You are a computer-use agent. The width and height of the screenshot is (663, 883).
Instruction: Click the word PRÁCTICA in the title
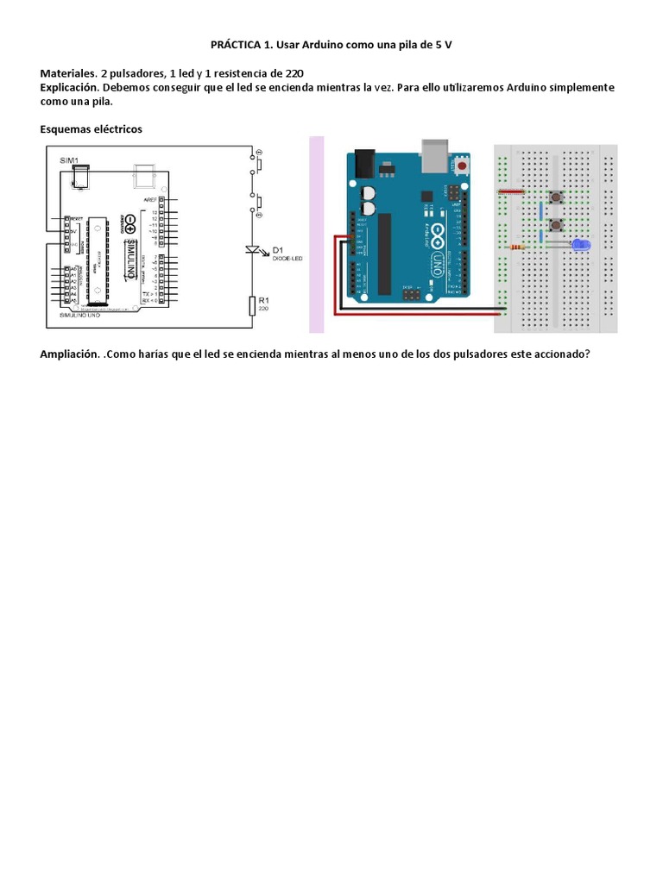[x=238, y=44]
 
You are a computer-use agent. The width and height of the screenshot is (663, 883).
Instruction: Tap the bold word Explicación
[x=71, y=88]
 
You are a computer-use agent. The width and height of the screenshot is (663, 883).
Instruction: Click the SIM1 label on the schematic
[x=68, y=160]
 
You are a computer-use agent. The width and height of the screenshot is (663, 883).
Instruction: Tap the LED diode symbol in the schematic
[x=254, y=250]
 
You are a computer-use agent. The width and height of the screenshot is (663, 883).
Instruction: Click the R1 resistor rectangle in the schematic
[x=254, y=305]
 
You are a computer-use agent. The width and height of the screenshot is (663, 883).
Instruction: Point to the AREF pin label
[x=151, y=199]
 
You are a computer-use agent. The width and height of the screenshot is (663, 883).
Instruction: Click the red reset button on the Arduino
[x=464, y=166]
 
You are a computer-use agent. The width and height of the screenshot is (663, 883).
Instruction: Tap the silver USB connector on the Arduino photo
[x=436, y=154]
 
